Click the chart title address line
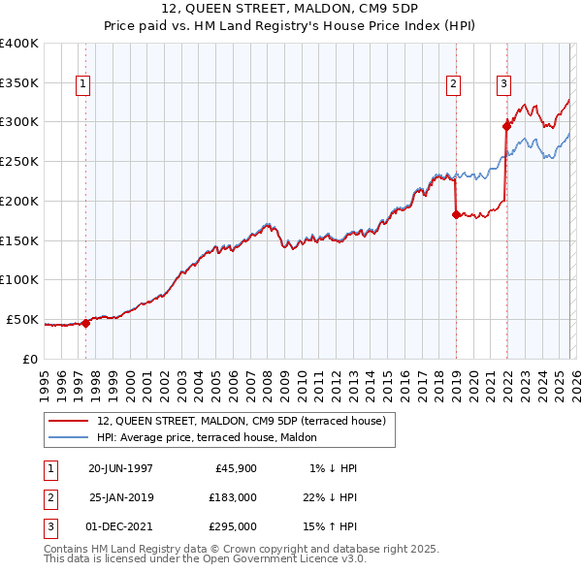(291, 9)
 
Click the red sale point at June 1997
(85, 323)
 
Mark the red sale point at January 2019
(455, 215)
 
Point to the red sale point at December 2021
(505, 125)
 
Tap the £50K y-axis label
(22, 319)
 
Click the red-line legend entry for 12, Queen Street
(242, 421)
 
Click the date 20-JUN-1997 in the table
(120, 468)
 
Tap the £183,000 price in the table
(233, 497)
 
